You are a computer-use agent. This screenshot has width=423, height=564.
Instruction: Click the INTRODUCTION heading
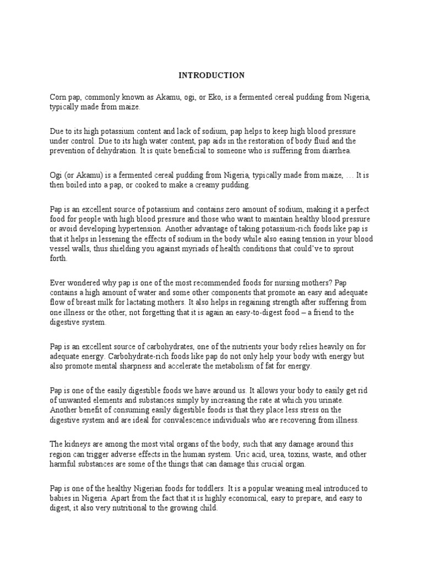[x=211, y=75]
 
